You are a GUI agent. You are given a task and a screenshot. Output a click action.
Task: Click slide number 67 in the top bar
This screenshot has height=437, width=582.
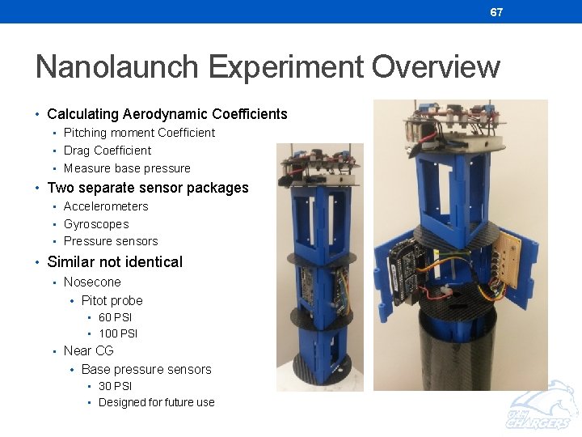496,12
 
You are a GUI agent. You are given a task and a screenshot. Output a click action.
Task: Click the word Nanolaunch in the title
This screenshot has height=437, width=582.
118,66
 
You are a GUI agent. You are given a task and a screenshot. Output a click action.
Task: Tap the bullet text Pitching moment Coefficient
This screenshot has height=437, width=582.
139,133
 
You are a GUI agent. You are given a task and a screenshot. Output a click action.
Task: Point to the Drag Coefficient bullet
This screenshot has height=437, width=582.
108,151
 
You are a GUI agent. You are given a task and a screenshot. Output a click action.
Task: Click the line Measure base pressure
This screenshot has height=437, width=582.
127,168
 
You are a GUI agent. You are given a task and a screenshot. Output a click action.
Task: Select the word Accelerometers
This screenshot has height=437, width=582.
106,206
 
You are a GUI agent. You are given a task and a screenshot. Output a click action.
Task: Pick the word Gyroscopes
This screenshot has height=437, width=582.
96,224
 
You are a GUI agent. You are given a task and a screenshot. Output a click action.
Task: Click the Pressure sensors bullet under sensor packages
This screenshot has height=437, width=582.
111,241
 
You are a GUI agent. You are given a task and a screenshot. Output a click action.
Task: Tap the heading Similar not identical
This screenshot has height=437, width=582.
115,261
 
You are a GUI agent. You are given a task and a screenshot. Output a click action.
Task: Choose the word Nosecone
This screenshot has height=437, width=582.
92,282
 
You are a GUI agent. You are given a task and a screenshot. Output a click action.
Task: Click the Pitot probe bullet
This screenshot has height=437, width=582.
112,300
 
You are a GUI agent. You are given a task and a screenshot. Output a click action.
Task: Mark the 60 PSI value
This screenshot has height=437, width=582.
115,317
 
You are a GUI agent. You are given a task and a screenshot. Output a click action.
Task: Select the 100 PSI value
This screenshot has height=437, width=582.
118,333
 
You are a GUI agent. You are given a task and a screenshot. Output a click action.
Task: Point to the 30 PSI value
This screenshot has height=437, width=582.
115,386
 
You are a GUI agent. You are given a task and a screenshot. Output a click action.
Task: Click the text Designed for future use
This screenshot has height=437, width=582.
156,402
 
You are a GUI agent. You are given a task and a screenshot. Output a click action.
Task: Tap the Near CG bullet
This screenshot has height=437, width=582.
88,350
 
